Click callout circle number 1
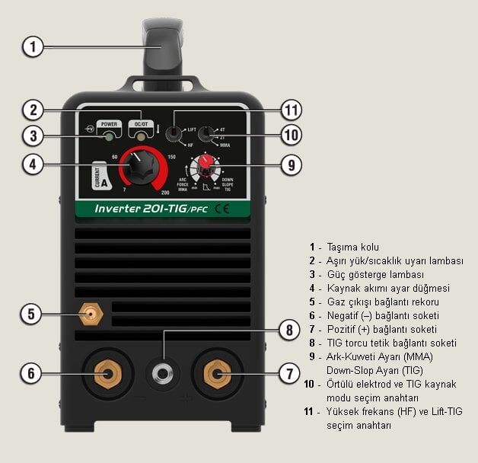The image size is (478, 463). tap(31, 46)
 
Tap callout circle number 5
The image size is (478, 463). tap(31, 313)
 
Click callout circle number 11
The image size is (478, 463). tap(290, 110)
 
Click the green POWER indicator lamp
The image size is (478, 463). tap(110, 136)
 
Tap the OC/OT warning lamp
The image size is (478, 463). tap(140, 136)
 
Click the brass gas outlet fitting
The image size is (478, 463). tap(92, 313)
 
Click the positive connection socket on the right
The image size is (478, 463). tap(217, 373)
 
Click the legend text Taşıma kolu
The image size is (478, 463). tap(353, 247)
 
